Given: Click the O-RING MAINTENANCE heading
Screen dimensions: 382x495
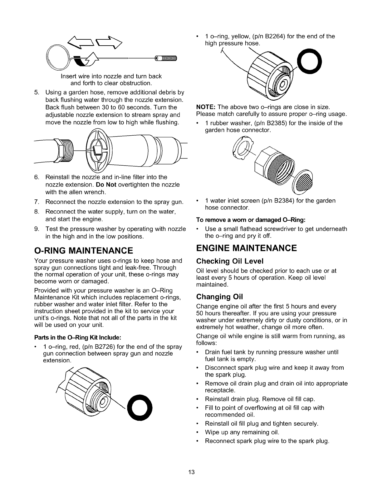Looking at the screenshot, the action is (83, 250).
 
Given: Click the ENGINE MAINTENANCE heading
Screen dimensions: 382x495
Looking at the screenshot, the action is (247, 248).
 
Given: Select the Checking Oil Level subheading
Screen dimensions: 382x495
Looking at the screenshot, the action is (230, 261).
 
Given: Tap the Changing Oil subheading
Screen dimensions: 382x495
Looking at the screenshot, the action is (219, 296).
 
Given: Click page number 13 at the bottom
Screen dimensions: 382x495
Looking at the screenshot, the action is (191, 472).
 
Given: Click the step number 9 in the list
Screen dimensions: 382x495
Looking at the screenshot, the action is (37, 229).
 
